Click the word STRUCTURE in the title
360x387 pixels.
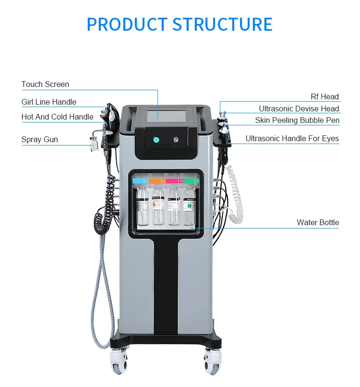(222, 24)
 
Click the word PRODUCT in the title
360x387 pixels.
(127, 24)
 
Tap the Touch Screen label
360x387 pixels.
(45, 84)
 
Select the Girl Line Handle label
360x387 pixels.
(48, 102)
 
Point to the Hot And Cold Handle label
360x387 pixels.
(57, 117)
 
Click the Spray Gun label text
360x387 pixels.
(39, 140)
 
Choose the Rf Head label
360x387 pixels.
(324, 97)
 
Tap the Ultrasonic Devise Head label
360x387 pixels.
(299, 109)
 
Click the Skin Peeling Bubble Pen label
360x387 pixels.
(297, 120)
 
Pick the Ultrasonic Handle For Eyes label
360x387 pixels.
(292, 139)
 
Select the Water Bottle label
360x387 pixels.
(317, 222)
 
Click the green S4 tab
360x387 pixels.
(191, 181)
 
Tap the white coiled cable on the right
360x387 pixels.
(236, 192)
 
